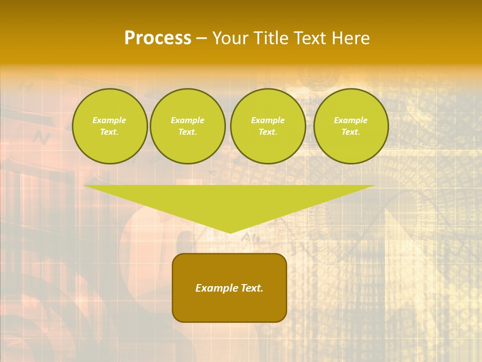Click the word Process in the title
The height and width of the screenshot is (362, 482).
158,38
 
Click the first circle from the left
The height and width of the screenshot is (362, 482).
109,126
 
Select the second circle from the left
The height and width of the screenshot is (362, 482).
187,126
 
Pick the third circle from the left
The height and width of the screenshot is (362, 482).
268,126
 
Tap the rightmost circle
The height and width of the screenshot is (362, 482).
350,126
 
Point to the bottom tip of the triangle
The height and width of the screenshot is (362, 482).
230,232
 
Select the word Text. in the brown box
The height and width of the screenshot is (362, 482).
252,288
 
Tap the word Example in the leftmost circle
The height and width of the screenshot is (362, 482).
109,120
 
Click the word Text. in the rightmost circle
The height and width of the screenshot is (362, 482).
350,132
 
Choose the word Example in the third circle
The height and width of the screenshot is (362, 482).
268,120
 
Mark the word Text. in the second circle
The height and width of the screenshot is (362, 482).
187,132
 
